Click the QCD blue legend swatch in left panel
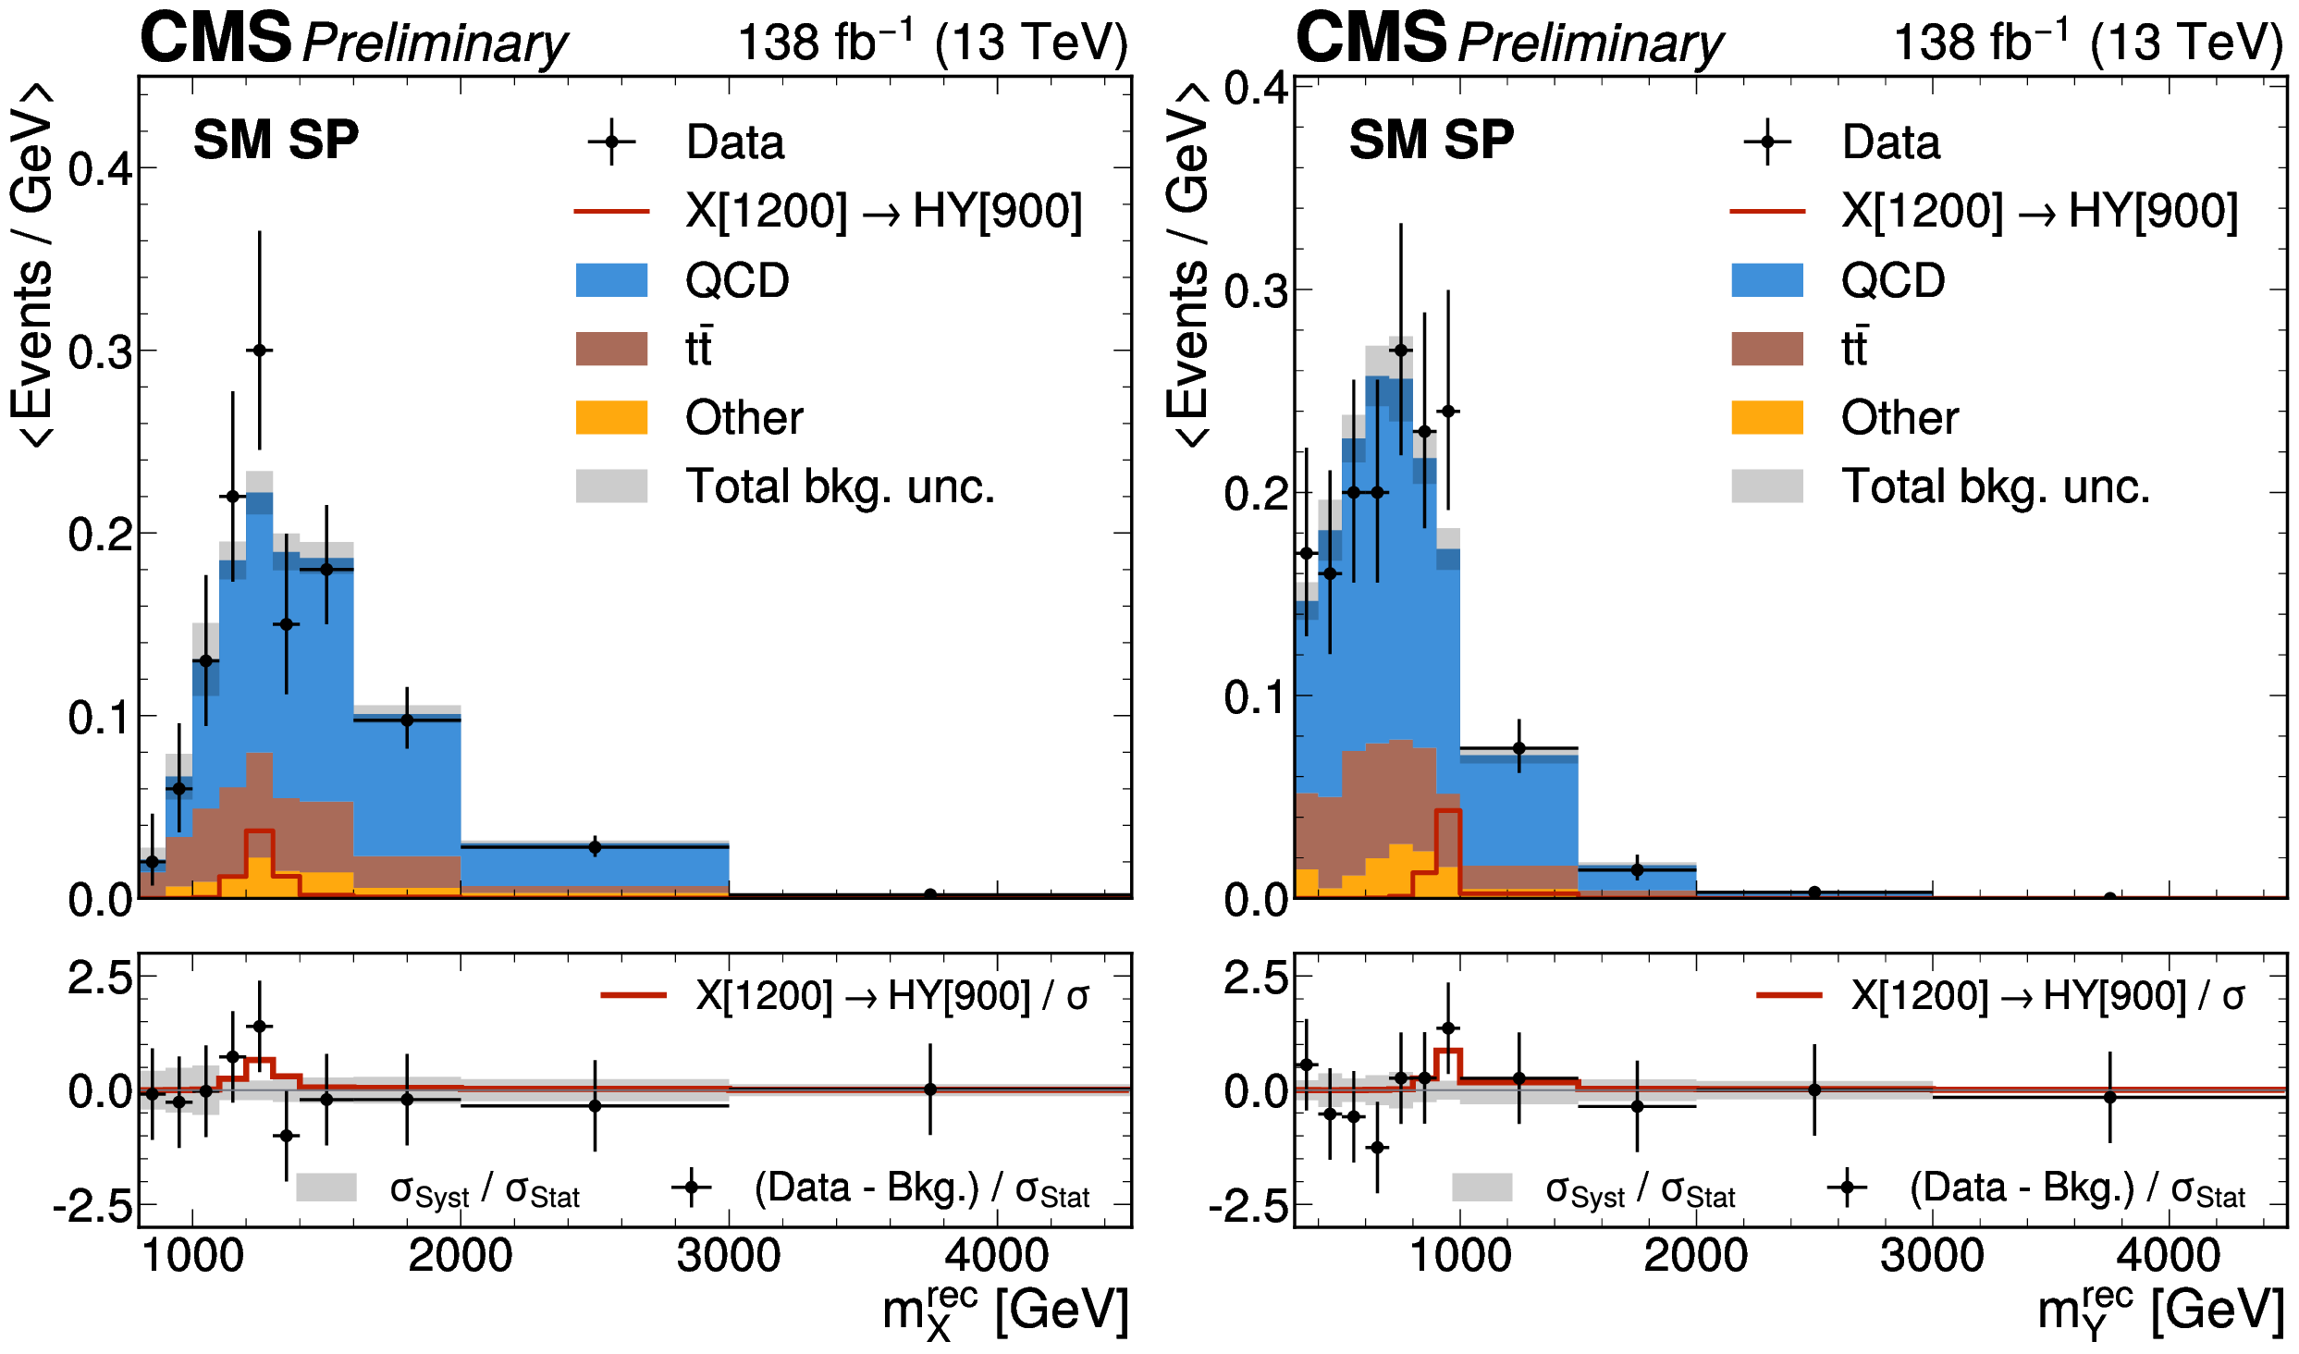pos(611,280)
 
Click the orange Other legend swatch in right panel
pos(1766,417)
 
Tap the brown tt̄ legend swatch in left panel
pos(611,349)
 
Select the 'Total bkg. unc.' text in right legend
pos(1995,486)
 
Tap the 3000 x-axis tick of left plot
pos(728,1255)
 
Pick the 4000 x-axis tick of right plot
pos(2168,1255)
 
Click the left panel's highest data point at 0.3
pos(260,351)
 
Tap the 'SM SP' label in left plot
pos(276,141)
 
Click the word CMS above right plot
pos(1371,38)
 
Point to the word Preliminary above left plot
pos(435,43)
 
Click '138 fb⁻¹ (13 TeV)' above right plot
pos(2088,43)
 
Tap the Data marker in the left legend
pos(611,142)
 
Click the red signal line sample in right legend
pos(1766,212)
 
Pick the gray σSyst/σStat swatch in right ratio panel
pos(1481,1188)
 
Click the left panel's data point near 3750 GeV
pos(930,894)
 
